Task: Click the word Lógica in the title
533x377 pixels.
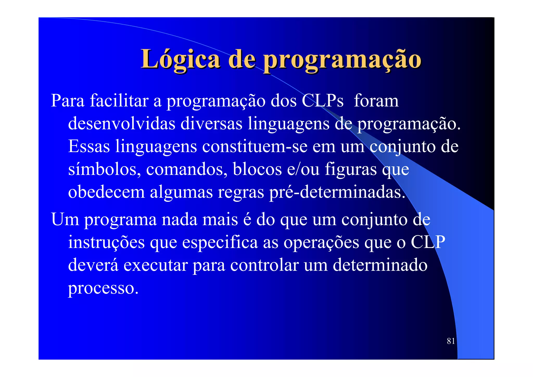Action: tap(180, 59)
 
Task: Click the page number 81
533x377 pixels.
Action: tap(451, 341)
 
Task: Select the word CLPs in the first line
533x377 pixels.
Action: tap(322, 101)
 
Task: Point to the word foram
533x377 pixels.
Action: tap(376, 101)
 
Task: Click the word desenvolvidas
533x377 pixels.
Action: tap(122, 123)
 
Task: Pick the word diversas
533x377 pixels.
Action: tap(211, 123)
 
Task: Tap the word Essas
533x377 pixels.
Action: tap(89, 146)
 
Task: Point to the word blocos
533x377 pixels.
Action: tap(257, 169)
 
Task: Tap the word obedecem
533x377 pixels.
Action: tap(106, 192)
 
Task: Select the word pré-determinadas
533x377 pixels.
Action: tap(337, 192)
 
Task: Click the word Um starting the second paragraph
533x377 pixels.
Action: tap(65, 219)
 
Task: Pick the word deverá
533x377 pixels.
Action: tap(93, 265)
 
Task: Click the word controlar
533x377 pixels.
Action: tap(264, 265)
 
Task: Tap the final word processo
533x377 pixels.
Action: tap(103, 288)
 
